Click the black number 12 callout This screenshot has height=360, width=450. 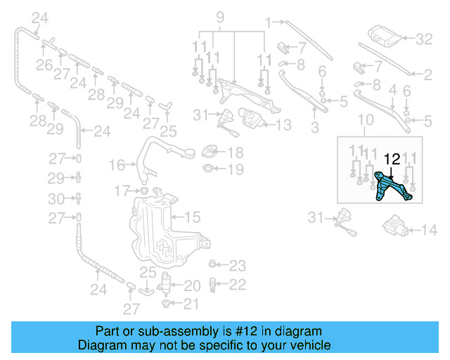392,160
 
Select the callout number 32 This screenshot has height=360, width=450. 425,39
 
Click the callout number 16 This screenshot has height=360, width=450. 117,165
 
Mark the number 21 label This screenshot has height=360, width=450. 192,304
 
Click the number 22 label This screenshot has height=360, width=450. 238,284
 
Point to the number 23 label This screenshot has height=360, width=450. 238,266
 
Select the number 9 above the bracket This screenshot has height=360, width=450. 219,16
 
